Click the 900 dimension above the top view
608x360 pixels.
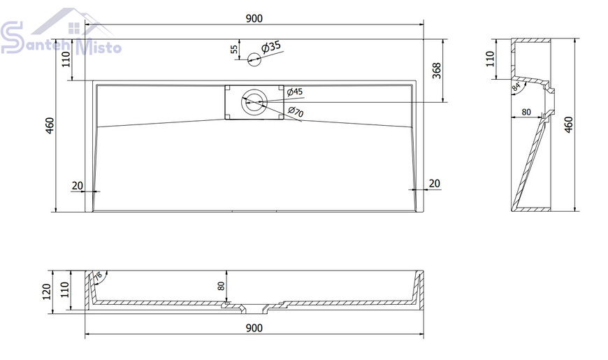[254, 18]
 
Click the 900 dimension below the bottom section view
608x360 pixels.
[254, 328]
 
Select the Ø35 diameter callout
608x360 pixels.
[271, 47]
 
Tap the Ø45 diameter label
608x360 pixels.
[295, 92]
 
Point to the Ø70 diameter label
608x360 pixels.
[296, 111]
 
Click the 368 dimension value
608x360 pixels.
[437, 71]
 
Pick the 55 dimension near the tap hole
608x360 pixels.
[234, 49]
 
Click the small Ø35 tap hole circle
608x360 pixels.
[254, 59]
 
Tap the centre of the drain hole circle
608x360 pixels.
[254, 102]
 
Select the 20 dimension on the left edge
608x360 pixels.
[78, 185]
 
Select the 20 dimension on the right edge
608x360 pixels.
[435, 183]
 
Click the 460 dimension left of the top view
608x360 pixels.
[50, 125]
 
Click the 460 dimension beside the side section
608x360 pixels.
[568, 125]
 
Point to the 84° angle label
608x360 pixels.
[516, 87]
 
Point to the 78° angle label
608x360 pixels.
[98, 276]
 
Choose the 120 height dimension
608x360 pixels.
[47, 291]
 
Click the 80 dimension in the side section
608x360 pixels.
[526, 112]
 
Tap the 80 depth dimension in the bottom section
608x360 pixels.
[221, 286]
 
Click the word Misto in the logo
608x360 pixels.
[99, 47]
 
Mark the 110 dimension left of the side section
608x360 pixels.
[490, 59]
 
